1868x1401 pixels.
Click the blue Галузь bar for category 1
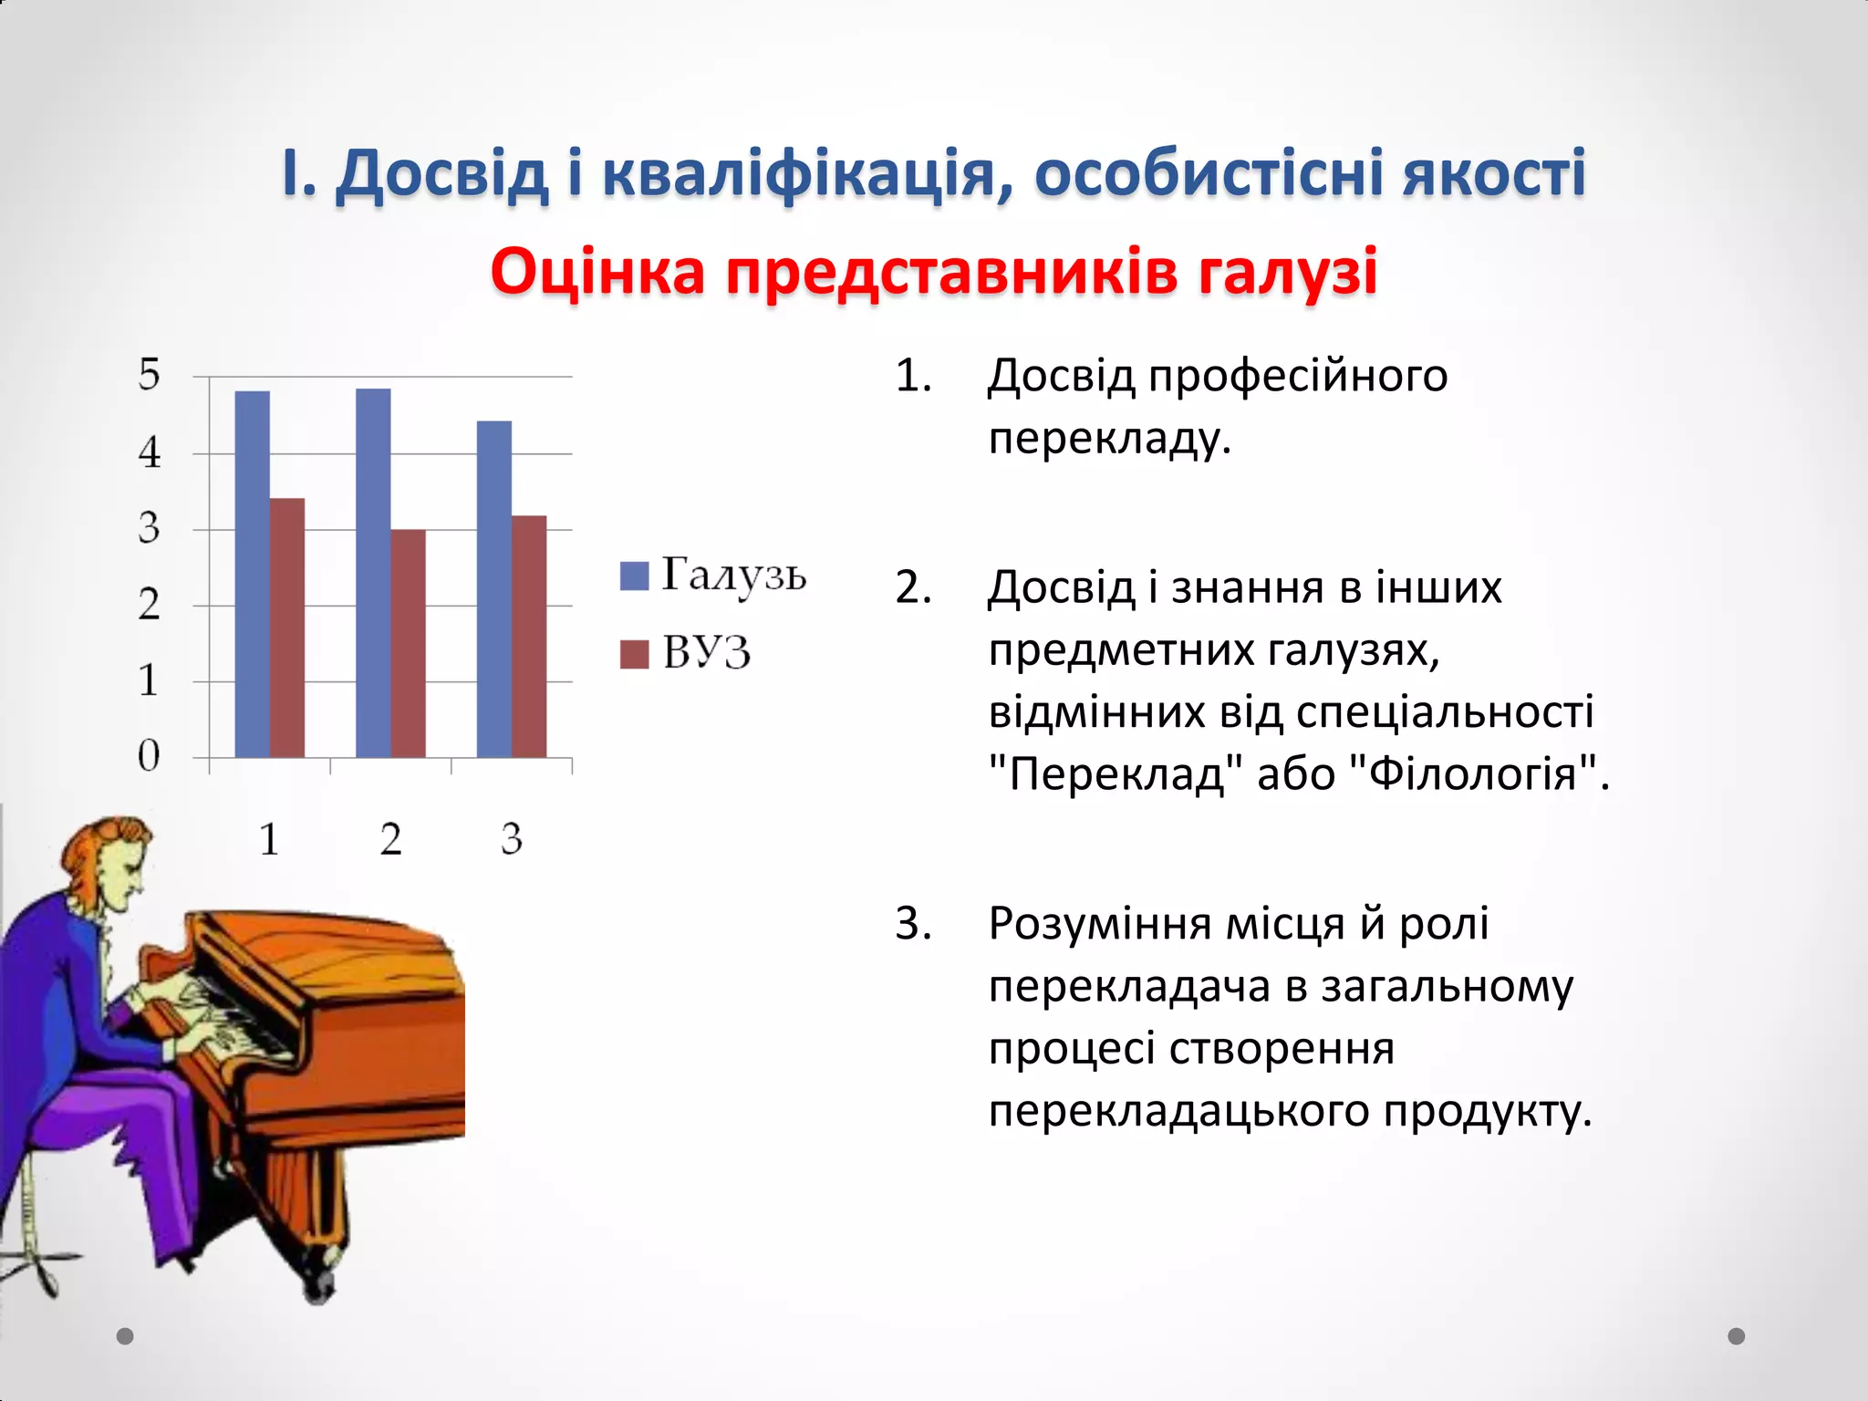click(x=253, y=575)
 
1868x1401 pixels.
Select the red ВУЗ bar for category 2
click(x=409, y=643)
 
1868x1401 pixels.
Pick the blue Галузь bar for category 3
click(x=494, y=589)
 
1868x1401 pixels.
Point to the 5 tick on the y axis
click(x=150, y=375)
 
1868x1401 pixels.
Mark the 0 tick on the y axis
click(x=150, y=756)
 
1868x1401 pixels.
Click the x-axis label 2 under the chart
click(x=390, y=838)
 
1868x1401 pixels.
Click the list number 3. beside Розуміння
click(x=913, y=923)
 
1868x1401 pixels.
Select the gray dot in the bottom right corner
click(x=1736, y=1336)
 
